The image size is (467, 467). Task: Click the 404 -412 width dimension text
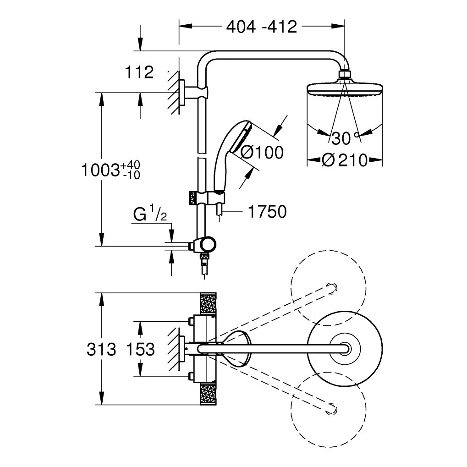262,27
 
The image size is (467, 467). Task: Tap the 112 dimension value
139,72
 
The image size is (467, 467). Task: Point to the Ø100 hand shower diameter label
262,152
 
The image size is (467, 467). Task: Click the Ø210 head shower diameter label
344,160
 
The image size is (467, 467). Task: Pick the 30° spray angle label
343,137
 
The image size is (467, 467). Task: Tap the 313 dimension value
101,350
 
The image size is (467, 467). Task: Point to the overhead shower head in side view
344,87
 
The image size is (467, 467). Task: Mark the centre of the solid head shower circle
344,350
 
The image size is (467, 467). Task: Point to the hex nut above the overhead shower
344,74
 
